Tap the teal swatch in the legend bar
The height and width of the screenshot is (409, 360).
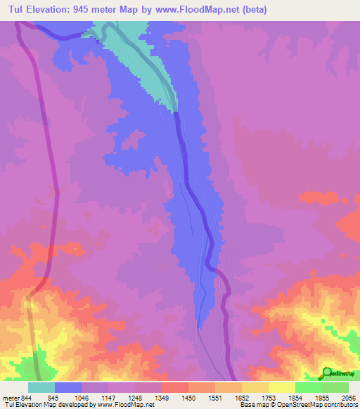[41, 387]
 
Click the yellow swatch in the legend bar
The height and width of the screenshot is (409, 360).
[282, 387]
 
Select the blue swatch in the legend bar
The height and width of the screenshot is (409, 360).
[68, 387]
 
